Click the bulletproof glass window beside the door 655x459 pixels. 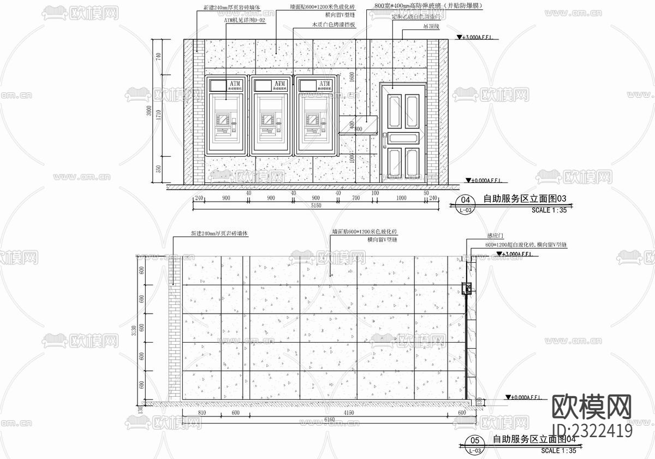click(358, 125)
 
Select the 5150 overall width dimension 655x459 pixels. click(316, 206)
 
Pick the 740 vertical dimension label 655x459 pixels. click(158, 57)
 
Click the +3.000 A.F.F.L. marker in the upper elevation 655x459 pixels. click(479, 38)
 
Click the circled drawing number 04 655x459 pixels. click(465, 199)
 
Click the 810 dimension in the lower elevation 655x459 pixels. click(203, 413)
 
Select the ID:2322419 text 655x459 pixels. click(592, 431)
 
